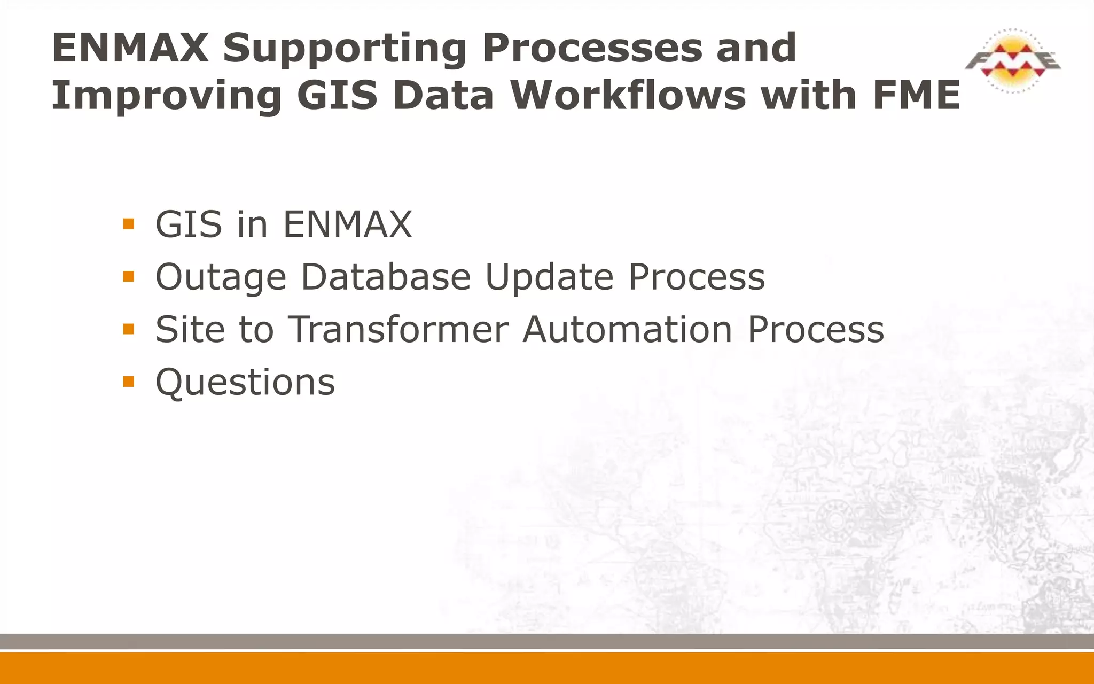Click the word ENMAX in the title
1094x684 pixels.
click(130, 48)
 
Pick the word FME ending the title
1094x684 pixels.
click(917, 96)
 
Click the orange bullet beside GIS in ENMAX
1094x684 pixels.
click(128, 224)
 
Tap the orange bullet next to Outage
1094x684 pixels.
click(128, 276)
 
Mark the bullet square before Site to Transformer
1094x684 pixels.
click(128, 329)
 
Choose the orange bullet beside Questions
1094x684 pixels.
click(128, 382)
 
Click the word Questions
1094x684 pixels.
click(245, 383)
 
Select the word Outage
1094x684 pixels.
click(221, 277)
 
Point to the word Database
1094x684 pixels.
click(386, 277)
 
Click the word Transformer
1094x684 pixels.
click(398, 329)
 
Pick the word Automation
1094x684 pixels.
click(628, 329)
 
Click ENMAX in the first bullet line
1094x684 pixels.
click(347, 224)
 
